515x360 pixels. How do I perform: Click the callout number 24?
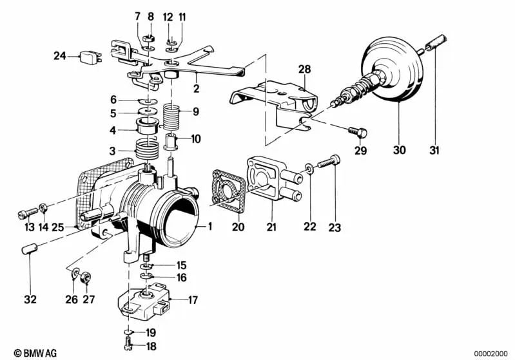[x=60, y=56]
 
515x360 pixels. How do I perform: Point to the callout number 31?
[x=434, y=151]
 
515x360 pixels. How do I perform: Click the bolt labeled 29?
[x=357, y=132]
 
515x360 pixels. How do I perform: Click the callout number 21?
[x=271, y=226]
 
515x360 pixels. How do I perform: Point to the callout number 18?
[x=150, y=346]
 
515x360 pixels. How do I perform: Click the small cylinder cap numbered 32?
[x=30, y=249]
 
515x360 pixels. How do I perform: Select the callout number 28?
[x=304, y=69]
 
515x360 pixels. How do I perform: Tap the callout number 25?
[x=57, y=227]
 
